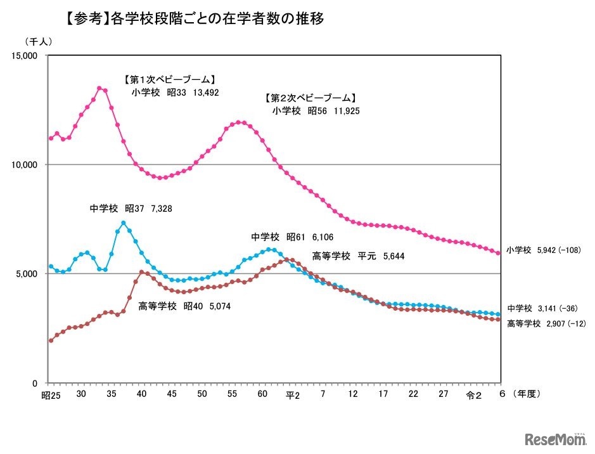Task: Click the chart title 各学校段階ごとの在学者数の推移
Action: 209,19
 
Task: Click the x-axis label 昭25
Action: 50,395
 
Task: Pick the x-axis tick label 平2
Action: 291,395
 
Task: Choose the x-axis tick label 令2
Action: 473,395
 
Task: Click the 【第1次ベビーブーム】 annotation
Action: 169,80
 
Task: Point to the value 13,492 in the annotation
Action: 203,92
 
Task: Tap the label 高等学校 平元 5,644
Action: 358,256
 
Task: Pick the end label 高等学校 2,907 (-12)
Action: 546,323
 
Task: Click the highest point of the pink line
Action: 99,88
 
